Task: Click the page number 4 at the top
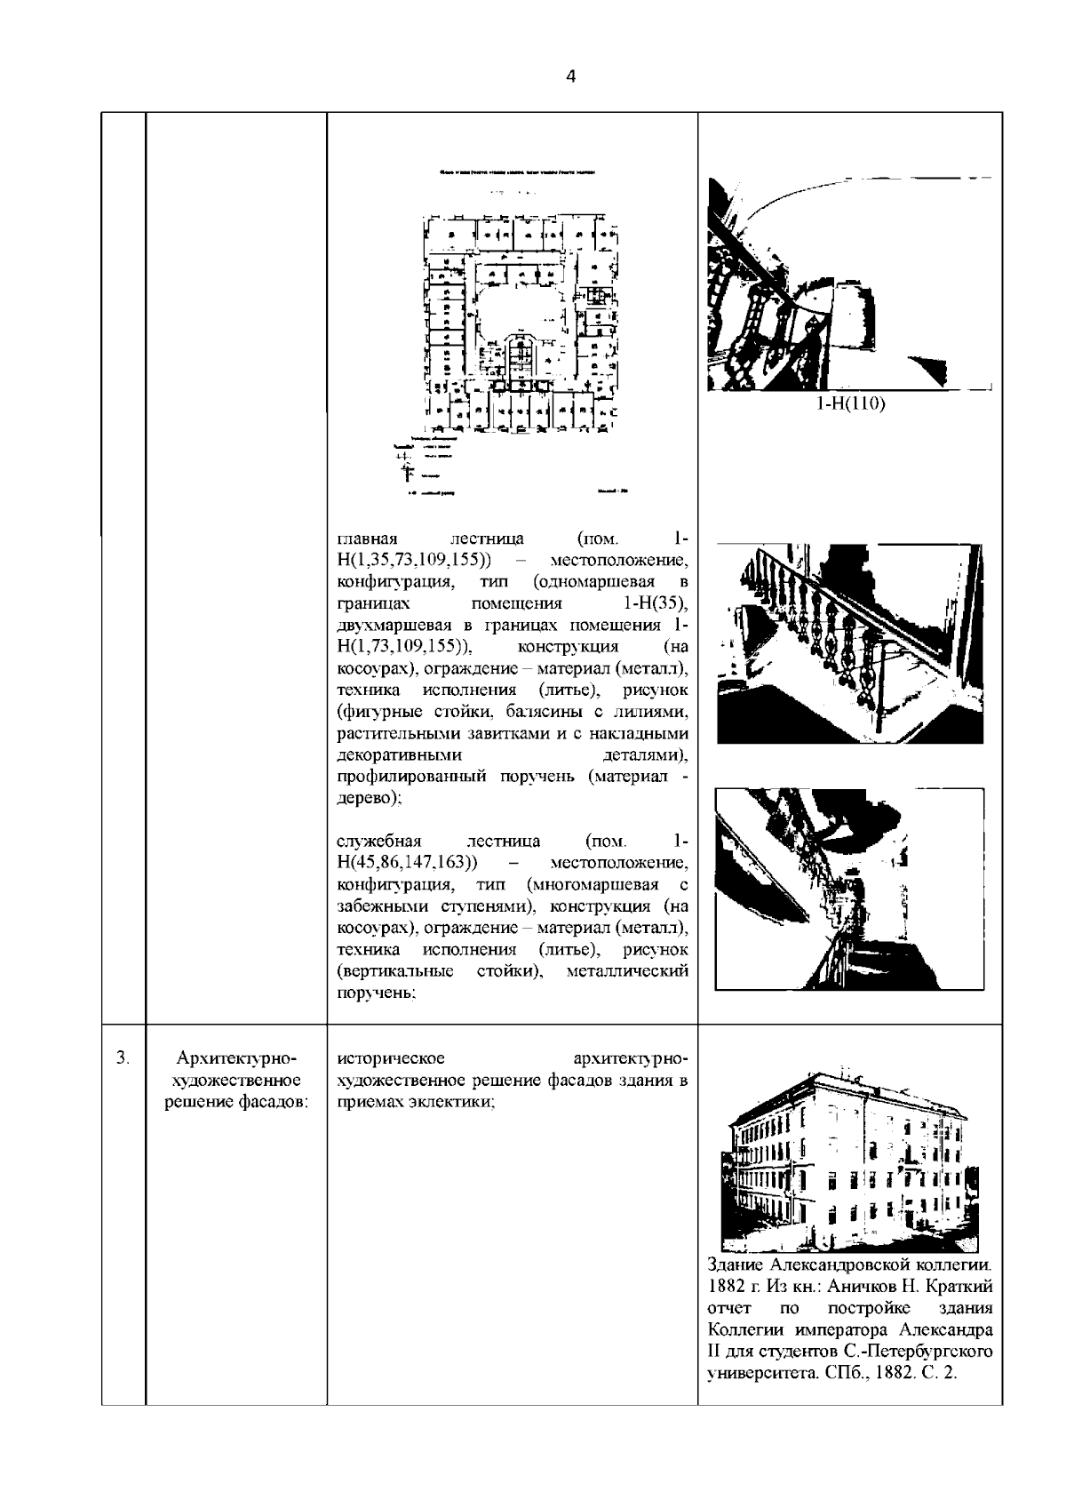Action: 570,77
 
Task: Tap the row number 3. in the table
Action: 123,1058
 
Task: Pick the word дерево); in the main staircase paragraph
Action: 370,799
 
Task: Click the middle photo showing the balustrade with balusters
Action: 849,644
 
